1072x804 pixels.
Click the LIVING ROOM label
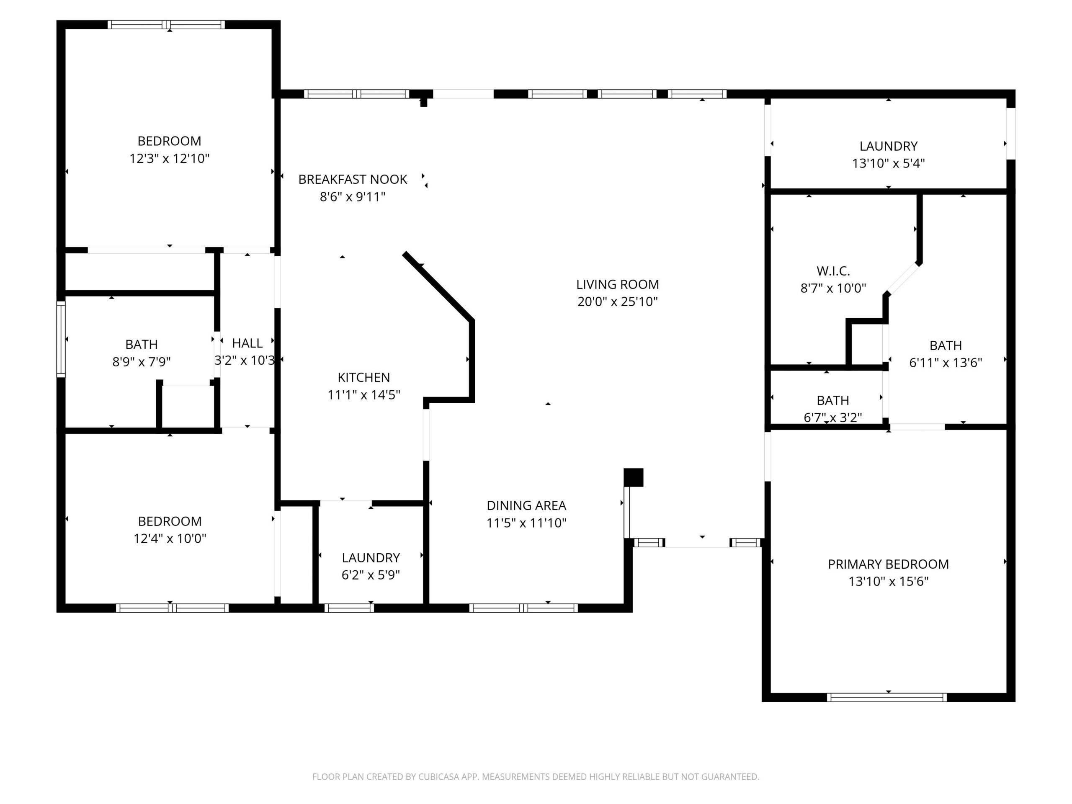click(617, 284)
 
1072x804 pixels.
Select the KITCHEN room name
click(363, 378)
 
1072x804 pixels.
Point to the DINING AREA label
click(526, 505)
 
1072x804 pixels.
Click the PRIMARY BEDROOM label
click(888, 564)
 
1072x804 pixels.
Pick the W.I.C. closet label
click(833, 271)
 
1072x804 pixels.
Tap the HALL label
click(247, 343)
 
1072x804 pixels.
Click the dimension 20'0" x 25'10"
click(617, 301)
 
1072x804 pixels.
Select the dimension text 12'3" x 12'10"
click(169, 158)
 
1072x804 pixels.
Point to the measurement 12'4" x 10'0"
click(170, 539)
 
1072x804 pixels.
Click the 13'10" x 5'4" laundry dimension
click(888, 163)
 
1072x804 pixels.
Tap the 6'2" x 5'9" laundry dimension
click(371, 575)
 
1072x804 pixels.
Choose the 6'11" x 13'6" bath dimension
click(946, 363)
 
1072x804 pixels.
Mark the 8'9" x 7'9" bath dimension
click(142, 361)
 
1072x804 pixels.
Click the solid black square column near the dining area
click(634, 477)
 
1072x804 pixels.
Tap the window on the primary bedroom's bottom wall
click(887, 697)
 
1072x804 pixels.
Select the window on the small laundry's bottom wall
click(349, 608)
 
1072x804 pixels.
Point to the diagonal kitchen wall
click(438, 286)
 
